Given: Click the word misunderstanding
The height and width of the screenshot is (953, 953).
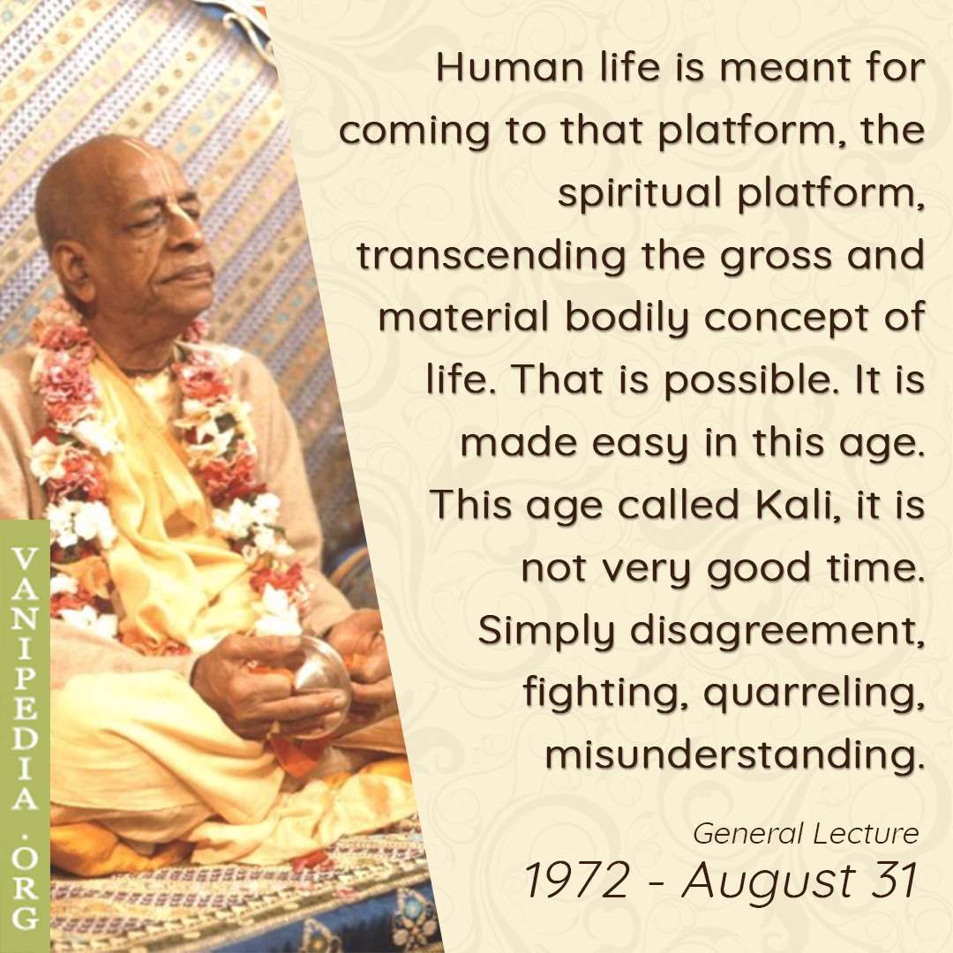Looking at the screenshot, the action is tap(735, 754).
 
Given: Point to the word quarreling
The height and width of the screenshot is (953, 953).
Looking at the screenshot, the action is tap(814, 693).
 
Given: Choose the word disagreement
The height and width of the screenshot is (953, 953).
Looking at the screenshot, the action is tap(777, 630).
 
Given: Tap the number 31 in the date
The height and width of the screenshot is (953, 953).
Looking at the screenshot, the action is tap(893, 880).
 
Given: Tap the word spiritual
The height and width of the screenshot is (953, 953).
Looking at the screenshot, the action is tap(640, 193).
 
